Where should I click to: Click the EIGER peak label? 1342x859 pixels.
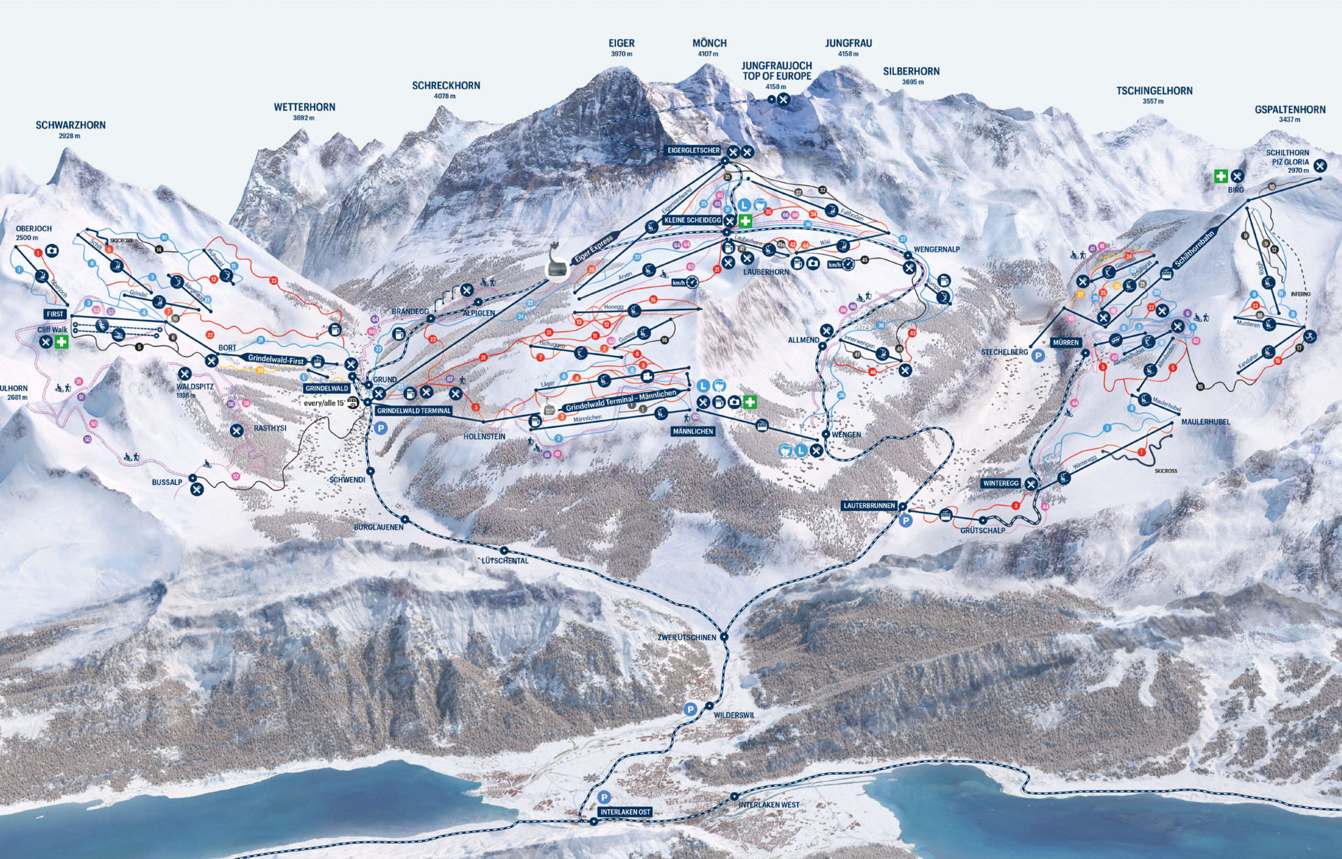coord(621,43)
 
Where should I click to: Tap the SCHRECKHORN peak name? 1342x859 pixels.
coord(446,86)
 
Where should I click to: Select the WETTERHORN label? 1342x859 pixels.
coord(304,108)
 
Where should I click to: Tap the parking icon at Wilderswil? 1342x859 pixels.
coord(691,709)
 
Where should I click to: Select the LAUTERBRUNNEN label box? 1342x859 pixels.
coord(870,505)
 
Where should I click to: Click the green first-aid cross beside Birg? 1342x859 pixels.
coord(1220,176)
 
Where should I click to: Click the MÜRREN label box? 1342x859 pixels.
coord(1065,343)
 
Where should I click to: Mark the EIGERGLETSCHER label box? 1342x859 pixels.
coord(693,150)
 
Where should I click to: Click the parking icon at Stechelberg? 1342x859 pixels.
coord(1039,356)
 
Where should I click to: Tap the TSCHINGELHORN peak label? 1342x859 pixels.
coord(1154,91)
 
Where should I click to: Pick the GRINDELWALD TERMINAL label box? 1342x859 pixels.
coord(414,411)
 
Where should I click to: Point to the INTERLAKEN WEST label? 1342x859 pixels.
coord(769,805)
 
